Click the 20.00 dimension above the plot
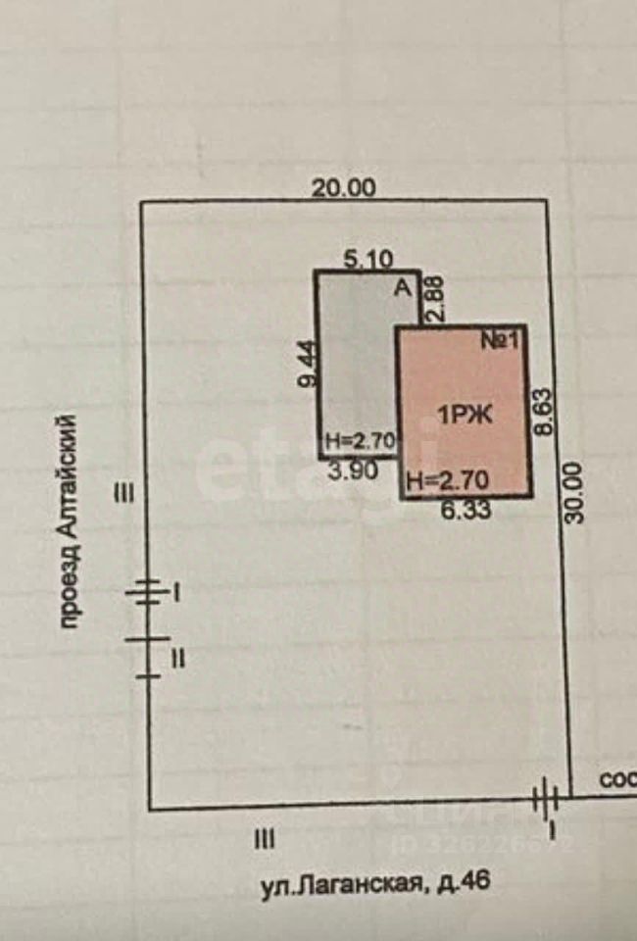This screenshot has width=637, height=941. (x=343, y=187)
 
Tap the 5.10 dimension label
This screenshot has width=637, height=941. (x=369, y=260)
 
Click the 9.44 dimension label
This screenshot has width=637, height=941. (x=307, y=365)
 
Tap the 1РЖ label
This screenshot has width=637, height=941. (x=464, y=415)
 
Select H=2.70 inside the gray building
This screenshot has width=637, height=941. (x=359, y=442)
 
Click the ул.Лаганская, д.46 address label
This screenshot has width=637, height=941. (x=373, y=884)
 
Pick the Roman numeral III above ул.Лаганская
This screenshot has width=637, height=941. (x=264, y=839)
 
